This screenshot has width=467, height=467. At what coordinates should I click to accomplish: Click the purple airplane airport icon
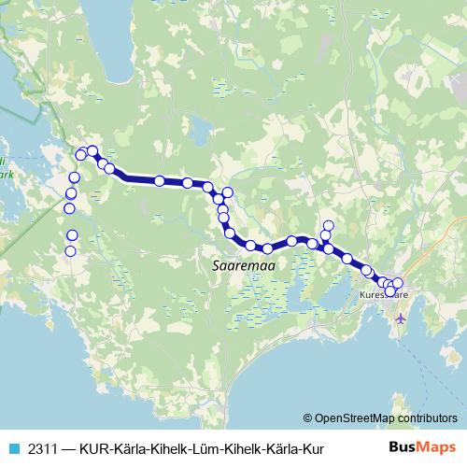(x=402, y=318)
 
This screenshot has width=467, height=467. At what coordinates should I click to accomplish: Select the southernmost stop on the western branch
(x=70, y=250)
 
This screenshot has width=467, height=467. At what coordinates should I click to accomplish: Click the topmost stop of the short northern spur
(x=328, y=225)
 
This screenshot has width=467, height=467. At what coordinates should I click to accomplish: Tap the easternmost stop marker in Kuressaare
(x=397, y=283)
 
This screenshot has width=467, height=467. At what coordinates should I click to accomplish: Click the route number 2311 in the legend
(x=40, y=448)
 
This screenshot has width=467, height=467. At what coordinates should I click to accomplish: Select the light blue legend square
(x=12, y=448)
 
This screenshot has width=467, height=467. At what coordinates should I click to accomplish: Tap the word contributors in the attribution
(x=429, y=418)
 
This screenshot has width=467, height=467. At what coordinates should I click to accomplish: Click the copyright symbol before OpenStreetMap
(x=307, y=418)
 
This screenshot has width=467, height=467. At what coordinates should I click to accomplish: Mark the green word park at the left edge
(x=5, y=174)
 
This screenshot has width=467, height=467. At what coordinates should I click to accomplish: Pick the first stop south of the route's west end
(x=74, y=177)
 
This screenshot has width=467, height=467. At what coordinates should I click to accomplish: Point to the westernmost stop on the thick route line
(x=81, y=154)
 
